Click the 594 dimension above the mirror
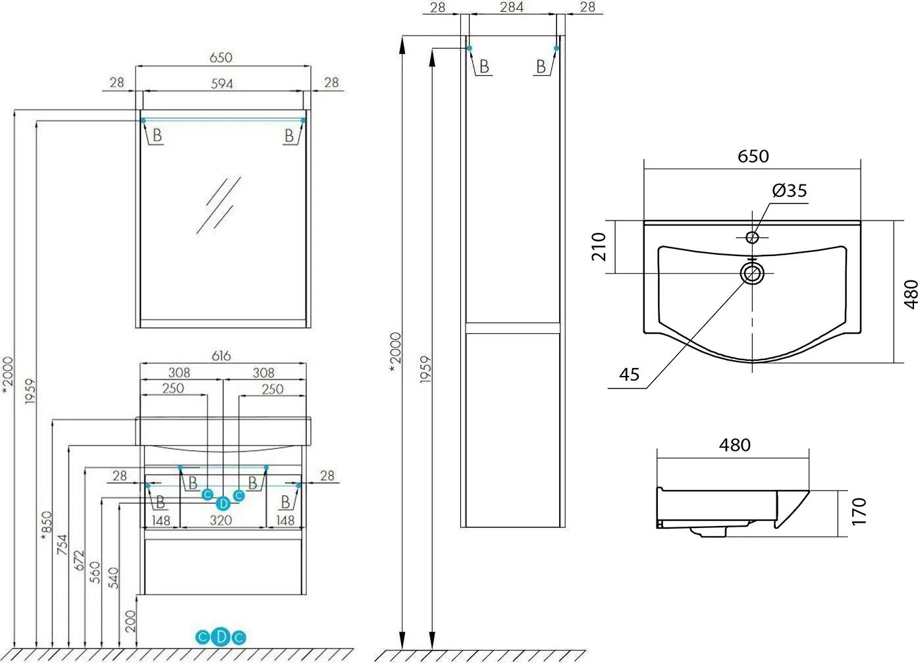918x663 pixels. (x=222, y=84)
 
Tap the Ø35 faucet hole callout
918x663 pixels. (x=790, y=190)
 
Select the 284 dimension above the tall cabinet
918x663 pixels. (x=512, y=7)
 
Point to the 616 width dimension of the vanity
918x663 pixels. (x=221, y=356)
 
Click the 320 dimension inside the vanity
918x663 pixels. (x=221, y=520)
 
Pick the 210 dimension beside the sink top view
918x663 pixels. (x=599, y=247)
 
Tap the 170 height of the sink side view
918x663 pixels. (x=859, y=512)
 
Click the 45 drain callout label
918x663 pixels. (x=629, y=375)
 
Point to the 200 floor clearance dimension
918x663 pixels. (x=130, y=622)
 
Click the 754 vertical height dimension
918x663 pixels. (x=62, y=544)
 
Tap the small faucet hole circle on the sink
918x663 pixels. (x=752, y=237)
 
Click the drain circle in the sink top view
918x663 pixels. (x=753, y=273)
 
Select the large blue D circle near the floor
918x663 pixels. (x=221, y=637)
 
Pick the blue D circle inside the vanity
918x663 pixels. (x=223, y=503)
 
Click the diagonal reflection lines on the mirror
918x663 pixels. (x=219, y=205)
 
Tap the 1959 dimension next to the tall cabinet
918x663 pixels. (x=426, y=369)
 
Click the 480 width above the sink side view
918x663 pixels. (x=735, y=445)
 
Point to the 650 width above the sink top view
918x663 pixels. (x=753, y=157)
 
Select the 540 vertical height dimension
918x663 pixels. (x=113, y=578)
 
